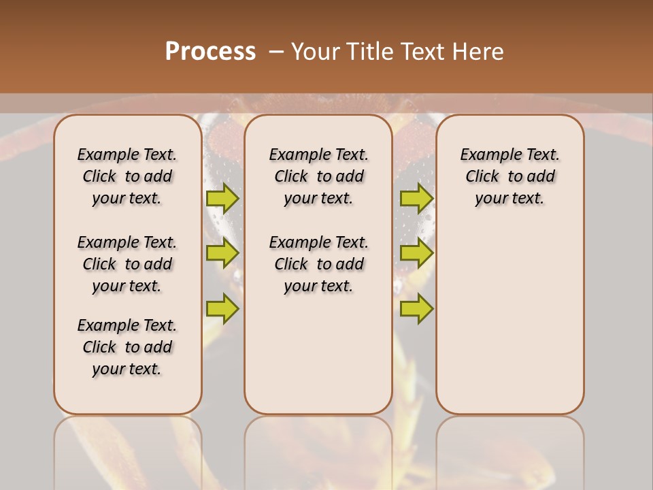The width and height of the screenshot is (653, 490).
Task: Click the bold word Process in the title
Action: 210,52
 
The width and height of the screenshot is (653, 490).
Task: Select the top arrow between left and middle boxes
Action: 222,198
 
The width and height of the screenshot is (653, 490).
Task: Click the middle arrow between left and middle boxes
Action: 222,253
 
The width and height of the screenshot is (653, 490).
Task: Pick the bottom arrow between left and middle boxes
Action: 222,308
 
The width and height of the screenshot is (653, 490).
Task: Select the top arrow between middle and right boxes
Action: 416,198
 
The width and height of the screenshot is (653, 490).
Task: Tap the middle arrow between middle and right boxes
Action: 416,253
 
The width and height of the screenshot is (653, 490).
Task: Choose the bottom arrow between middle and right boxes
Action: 416,308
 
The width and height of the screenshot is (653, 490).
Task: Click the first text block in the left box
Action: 127,176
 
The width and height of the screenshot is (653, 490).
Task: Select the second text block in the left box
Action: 127,264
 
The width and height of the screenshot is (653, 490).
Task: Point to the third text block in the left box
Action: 127,347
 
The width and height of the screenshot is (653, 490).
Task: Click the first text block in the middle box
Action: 319,176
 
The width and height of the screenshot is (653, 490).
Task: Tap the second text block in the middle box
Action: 319,264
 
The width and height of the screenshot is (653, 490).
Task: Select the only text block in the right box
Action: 510,176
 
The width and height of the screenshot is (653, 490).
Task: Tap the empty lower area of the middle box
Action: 319,354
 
